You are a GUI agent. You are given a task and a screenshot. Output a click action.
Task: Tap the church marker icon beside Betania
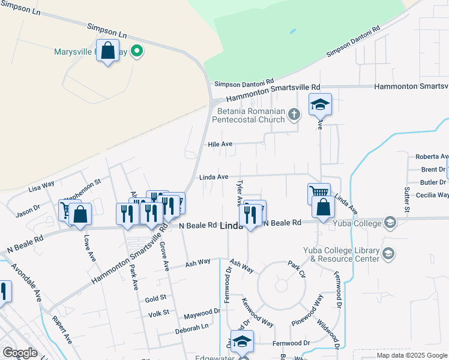pyautogui.click(x=294, y=114)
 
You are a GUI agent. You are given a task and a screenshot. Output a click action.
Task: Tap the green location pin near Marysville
pyautogui.click(x=137, y=52)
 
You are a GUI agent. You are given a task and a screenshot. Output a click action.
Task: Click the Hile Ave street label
pyautogui.click(x=220, y=144)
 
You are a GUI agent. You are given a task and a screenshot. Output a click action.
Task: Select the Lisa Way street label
pyautogui.click(x=41, y=187)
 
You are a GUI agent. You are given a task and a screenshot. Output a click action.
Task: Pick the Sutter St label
pyautogui.click(x=406, y=200)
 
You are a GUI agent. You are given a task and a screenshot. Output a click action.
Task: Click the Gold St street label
pyautogui.click(x=155, y=298)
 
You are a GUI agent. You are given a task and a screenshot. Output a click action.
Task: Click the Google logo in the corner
pyautogui.click(x=20, y=352)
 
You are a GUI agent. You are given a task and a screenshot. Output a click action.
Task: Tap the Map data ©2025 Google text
pyautogui.click(x=412, y=355)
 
